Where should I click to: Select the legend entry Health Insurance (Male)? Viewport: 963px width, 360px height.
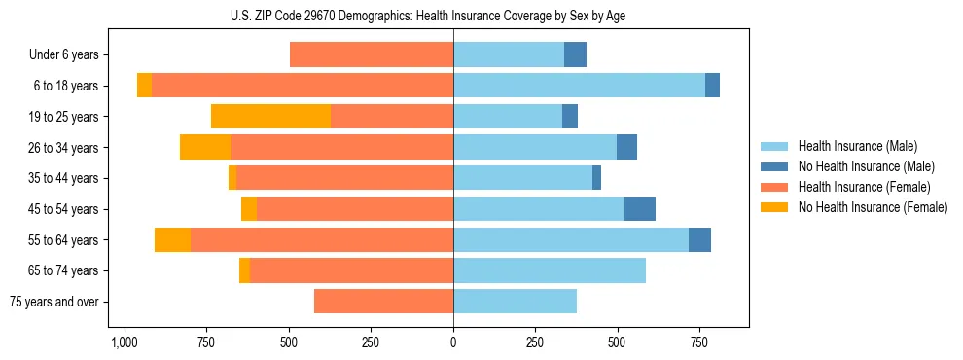(x=857, y=146)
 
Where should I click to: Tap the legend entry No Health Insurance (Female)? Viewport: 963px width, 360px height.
(x=873, y=207)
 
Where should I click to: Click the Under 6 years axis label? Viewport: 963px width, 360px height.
(x=64, y=55)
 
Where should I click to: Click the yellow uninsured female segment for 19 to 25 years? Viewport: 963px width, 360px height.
(x=270, y=117)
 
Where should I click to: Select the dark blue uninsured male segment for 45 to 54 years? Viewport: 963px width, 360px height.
(x=640, y=209)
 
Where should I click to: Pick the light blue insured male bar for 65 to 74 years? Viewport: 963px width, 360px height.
(x=550, y=270)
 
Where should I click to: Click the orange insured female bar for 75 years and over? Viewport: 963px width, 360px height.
(x=383, y=302)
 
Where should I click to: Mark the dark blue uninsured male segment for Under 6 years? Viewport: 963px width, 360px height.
(x=576, y=55)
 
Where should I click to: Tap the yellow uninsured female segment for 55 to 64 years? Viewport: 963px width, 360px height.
(x=172, y=240)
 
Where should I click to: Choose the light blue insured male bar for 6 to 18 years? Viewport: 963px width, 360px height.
(x=579, y=86)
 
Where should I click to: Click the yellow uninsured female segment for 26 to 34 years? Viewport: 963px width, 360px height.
(x=205, y=148)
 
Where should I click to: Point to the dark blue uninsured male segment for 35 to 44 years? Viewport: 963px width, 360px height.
(x=596, y=178)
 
